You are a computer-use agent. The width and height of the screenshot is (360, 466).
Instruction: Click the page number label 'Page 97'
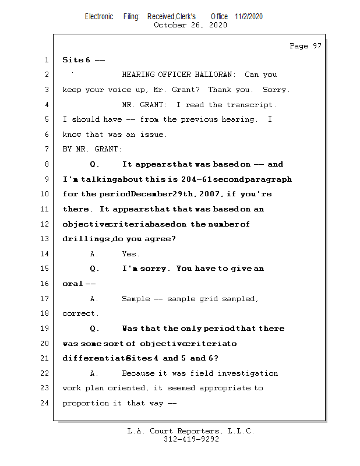(305, 46)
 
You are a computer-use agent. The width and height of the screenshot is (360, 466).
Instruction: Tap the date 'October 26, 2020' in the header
(190, 25)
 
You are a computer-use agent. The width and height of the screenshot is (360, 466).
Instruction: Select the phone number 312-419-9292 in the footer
(191, 439)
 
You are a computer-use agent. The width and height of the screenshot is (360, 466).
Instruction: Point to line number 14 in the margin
(45, 254)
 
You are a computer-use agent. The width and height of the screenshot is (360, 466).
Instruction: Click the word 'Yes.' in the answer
(130, 254)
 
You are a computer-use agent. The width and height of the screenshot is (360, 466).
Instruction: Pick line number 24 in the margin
(45, 403)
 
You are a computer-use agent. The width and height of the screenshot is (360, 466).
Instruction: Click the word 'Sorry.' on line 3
(276, 90)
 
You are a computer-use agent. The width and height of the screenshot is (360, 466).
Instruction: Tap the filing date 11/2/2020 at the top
(249, 16)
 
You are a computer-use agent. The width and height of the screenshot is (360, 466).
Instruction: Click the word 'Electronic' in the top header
(99, 16)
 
